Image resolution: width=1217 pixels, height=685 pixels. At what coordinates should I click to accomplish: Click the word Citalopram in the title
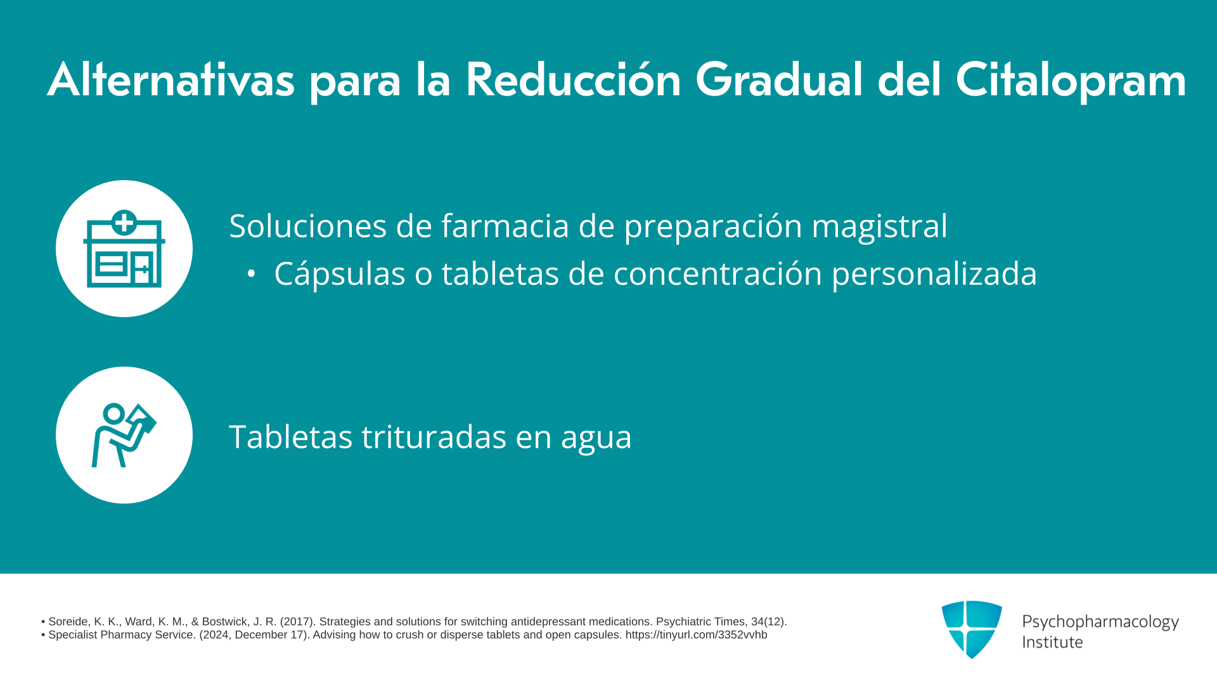click(x=1071, y=81)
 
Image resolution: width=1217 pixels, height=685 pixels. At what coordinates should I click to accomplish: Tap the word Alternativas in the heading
click(x=171, y=80)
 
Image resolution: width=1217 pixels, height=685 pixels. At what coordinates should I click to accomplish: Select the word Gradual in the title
click(x=779, y=80)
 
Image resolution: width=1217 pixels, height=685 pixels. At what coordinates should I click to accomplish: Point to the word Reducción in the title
click(x=573, y=80)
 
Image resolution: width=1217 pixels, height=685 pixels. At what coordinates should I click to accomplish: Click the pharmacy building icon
click(x=124, y=249)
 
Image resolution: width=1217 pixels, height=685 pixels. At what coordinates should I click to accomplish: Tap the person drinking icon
click(x=124, y=435)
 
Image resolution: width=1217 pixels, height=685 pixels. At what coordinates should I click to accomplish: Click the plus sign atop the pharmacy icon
click(x=124, y=223)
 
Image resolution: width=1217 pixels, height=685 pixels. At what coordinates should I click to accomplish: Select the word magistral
click(x=879, y=226)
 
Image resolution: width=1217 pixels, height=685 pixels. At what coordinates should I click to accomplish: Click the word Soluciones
click(x=308, y=226)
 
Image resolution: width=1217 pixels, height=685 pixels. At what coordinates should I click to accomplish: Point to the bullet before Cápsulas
click(x=252, y=274)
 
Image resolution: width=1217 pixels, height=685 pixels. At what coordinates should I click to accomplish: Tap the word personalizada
click(x=934, y=275)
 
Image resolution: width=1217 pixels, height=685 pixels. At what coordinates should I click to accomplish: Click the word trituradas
click(x=434, y=437)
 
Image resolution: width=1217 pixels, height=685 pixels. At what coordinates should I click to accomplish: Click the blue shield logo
click(x=972, y=629)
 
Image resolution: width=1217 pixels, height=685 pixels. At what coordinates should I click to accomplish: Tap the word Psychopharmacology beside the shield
click(x=1100, y=622)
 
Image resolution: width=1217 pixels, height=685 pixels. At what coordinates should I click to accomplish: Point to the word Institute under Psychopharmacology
click(x=1052, y=642)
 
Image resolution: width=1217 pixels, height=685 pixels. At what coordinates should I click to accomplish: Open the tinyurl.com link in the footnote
click(x=696, y=635)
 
